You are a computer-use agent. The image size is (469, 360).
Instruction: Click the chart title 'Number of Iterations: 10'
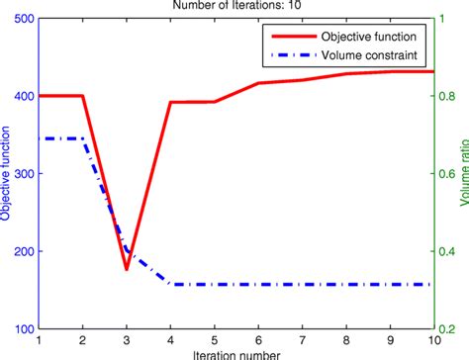tap(234, 7)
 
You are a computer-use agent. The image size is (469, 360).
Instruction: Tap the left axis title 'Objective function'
tap(7, 174)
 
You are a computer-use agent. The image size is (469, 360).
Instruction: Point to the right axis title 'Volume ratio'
tap(462, 174)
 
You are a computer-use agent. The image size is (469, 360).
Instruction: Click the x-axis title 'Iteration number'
tap(235, 352)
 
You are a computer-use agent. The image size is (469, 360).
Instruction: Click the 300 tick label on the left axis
tap(21, 174)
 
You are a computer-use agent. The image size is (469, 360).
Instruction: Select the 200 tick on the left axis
tap(21, 251)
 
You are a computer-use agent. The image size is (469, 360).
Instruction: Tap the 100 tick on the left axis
tap(21, 327)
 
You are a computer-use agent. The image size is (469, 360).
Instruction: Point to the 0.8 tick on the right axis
tap(447, 97)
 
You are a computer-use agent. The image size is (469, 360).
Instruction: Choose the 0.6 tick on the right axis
tap(447, 174)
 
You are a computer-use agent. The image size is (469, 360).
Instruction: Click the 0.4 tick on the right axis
tap(447, 251)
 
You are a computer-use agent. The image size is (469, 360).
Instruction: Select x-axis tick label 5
tap(214, 338)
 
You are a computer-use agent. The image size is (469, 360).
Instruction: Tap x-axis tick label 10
tap(432, 338)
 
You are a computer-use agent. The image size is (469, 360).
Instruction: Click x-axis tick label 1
tap(39, 338)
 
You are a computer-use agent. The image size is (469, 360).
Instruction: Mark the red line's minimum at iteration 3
tap(127, 268)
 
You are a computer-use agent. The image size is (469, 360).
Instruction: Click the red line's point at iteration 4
tap(170, 102)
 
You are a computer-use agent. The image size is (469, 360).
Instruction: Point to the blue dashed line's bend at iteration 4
tap(170, 284)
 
